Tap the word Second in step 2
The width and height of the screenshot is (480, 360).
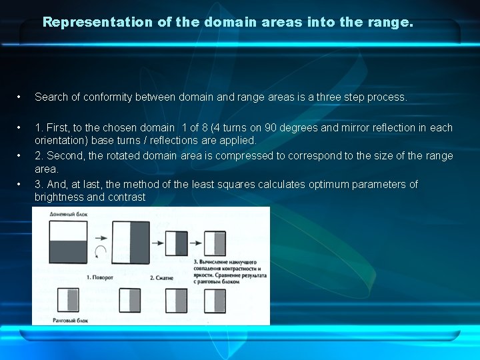65,155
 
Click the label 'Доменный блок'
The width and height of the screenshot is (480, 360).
68,215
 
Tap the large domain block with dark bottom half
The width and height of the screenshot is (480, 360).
68,242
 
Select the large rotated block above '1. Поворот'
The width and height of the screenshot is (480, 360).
130,243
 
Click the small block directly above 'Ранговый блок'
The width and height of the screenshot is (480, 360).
69,301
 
